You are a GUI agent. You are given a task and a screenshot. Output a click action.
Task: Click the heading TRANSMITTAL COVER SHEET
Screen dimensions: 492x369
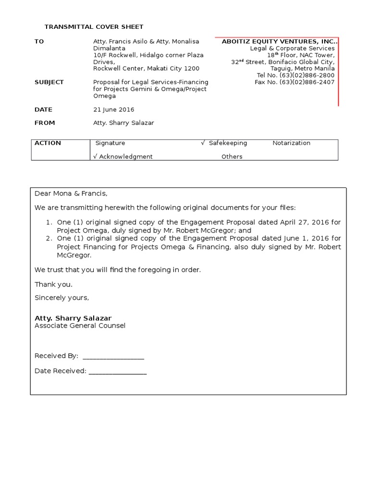[x=94, y=27]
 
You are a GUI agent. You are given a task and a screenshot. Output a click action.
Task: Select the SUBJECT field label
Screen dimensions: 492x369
[x=49, y=82]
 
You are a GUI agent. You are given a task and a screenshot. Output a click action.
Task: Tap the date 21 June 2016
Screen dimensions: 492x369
[x=113, y=110]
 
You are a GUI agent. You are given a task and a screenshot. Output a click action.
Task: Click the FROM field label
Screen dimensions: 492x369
[x=45, y=123]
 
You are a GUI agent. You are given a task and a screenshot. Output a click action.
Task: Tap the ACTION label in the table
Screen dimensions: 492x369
[x=48, y=143]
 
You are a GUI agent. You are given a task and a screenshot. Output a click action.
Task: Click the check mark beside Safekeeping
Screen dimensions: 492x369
[x=203, y=143]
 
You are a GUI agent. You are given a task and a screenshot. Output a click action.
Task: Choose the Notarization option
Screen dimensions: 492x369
[x=291, y=143]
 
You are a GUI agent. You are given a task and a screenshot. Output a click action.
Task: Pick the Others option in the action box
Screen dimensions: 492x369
[x=232, y=157]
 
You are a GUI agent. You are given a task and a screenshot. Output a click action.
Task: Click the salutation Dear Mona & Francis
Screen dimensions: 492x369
[x=71, y=194]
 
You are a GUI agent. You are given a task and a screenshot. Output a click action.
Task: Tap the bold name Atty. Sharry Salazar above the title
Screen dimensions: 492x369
[x=73, y=318]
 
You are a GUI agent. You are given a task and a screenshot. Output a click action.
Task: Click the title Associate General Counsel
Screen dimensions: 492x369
[x=80, y=326]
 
